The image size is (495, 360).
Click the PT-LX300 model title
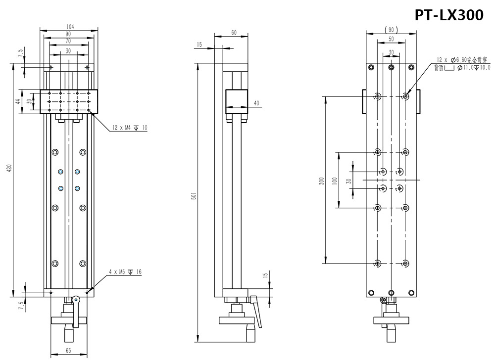coord(449,15)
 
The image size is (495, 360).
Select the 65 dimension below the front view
coord(69,351)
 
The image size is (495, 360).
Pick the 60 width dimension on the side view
coord(233,33)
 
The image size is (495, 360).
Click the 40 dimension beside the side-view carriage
coord(256,103)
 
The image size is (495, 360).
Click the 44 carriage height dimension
coord(18,101)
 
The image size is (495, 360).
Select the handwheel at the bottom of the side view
coord(238,321)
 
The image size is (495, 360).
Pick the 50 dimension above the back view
coord(391,39)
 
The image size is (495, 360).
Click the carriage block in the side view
coord(236,101)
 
